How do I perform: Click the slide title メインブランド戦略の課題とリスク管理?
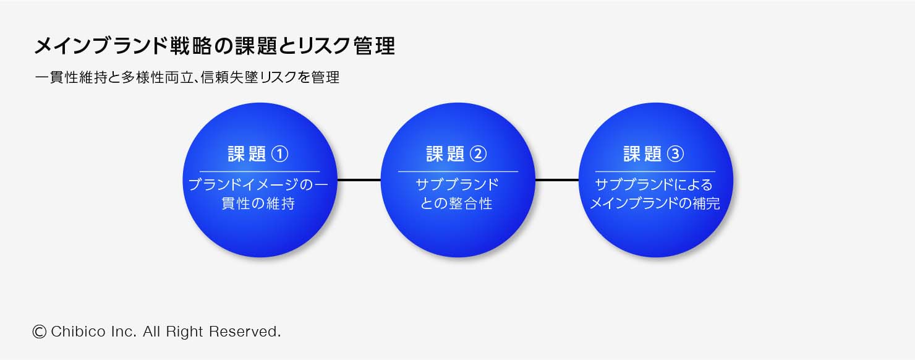pyautogui.click(x=214, y=46)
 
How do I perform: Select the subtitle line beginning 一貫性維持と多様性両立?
pyautogui.click(x=187, y=78)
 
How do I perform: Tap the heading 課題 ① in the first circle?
pyautogui.click(x=258, y=154)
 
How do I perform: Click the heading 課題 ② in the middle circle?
pyautogui.click(x=457, y=154)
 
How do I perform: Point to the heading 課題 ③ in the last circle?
pyautogui.click(x=654, y=154)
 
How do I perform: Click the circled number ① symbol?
pyautogui.click(x=280, y=154)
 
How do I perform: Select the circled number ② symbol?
pyautogui.click(x=479, y=154)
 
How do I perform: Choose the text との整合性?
pyautogui.click(x=457, y=204)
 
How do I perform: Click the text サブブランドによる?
pyautogui.click(x=654, y=185)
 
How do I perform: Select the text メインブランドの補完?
pyautogui.click(x=655, y=204)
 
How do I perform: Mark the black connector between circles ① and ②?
pyautogui.click(x=359, y=180)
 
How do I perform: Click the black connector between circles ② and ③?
pyautogui.click(x=556, y=180)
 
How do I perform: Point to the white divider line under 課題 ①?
pyautogui.click(x=260, y=171)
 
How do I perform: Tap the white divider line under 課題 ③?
pyautogui.click(x=655, y=171)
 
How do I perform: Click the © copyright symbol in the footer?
pyautogui.click(x=40, y=332)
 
